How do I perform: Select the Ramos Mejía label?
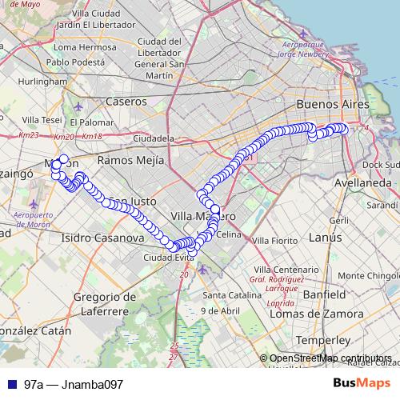[129, 160]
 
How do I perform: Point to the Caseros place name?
[126, 102]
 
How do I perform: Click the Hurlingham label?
[46, 82]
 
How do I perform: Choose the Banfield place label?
[324, 294]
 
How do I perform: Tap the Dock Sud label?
[381, 165]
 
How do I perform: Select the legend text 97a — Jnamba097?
[74, 384]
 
